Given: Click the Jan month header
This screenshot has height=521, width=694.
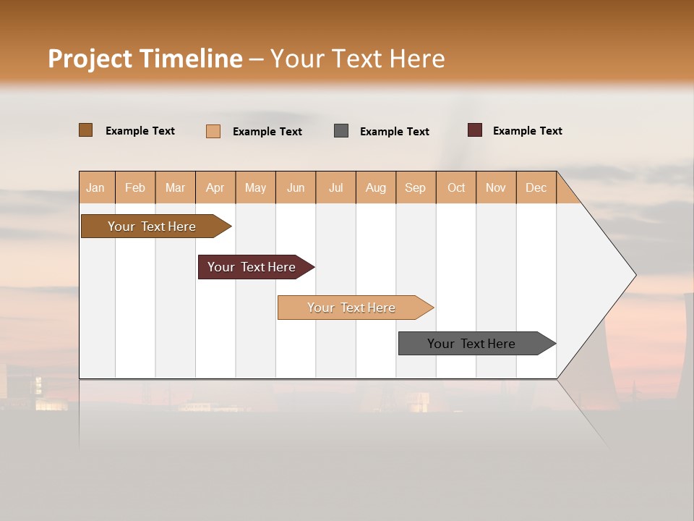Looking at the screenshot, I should [x=95, y=187].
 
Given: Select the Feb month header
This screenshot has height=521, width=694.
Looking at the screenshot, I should [x=135, y=187].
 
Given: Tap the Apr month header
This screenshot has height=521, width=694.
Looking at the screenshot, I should [x=215, y=187].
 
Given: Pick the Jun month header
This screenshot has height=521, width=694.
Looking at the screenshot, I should [x=296, y=187].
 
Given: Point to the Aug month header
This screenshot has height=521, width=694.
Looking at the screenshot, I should [x=376, y=187].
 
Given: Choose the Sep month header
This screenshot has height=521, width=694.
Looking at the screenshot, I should [x=415, y=187].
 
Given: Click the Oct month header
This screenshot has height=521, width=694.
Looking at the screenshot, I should [x=456, y=187].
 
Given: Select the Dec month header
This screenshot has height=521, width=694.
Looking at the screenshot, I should [x=536, y=187].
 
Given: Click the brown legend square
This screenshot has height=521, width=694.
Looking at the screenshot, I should [x=86, y=130].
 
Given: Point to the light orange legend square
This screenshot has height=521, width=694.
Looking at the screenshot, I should [x=213, y=131].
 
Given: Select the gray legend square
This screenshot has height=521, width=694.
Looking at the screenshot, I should [x=341, y=131].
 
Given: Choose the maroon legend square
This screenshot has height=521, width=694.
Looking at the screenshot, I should [x=474, y=130].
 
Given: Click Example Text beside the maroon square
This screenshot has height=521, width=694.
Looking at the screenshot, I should [x=527, y=131].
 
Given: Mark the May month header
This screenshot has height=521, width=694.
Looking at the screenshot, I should [x=255, y=187].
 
